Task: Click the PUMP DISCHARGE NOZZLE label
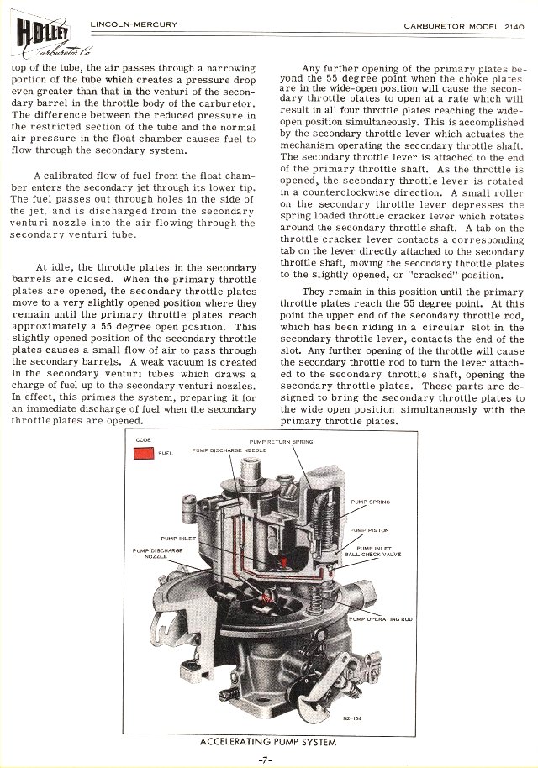click(151, 553)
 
